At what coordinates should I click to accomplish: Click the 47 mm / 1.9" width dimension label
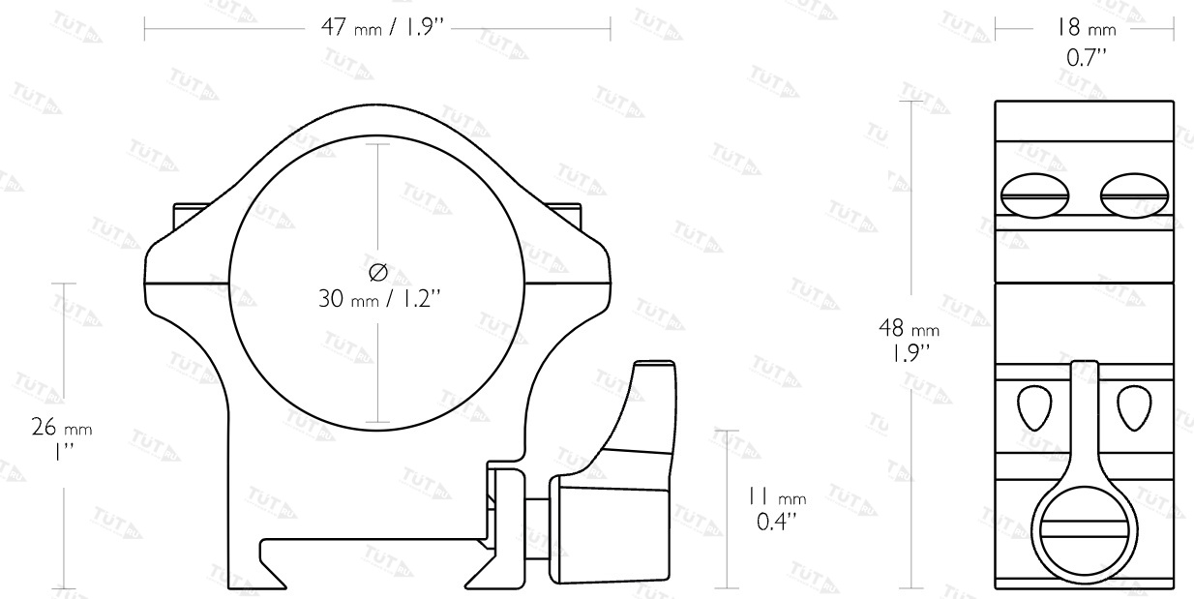coord(382,27)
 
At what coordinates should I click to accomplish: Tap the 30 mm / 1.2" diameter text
coord(379,299)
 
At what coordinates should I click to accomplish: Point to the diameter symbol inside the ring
coord(378,272)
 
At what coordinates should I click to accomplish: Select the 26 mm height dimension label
coord(62,428)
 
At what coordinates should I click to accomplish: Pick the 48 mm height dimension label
coord(909,328)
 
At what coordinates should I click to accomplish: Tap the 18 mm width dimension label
coord(1087,27)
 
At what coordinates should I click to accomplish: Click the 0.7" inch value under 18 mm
coord(1087,57)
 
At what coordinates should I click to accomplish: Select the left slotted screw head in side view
coord(1034,195)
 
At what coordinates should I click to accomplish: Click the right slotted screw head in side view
coord(1134,195)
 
